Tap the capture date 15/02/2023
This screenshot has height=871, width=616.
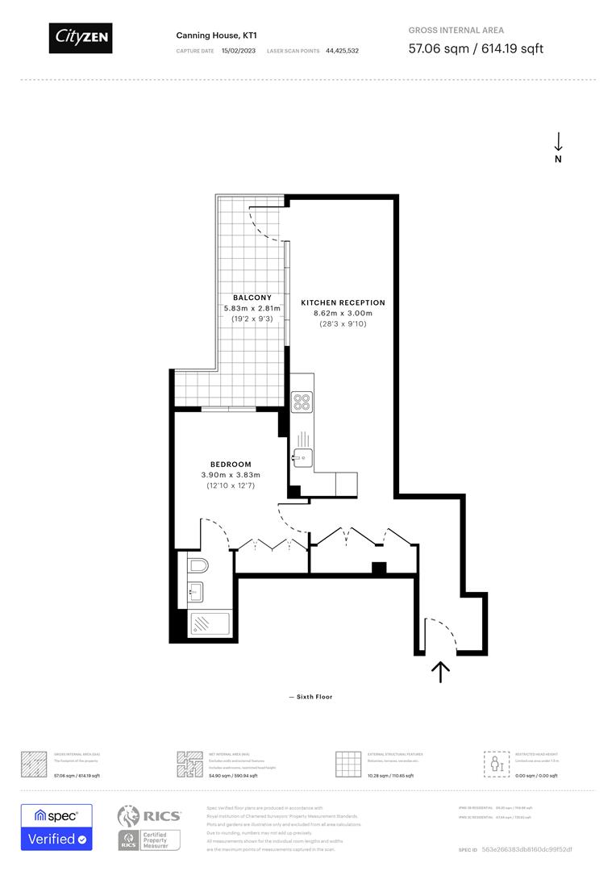click(239, 50)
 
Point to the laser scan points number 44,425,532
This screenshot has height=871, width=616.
click(343, 50)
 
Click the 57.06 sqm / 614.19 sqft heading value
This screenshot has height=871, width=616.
click(476, 48)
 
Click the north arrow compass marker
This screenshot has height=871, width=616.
click(558, 148)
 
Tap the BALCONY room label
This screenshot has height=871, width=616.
click(252, 298)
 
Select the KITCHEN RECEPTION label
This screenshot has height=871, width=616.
click(343, 302)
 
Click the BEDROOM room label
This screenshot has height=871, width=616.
click(231, 465)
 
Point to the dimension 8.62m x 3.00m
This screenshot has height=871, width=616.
click(343, 313)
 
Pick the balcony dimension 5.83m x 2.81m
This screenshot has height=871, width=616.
click(252, 308)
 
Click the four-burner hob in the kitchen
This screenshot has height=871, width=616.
click(302, 402)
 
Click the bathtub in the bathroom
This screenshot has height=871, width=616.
click(208, 623)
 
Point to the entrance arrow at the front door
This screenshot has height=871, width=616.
click(440, 672)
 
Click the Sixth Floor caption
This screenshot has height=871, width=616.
click(310, 697)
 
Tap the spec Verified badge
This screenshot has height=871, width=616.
click(56, 827)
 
